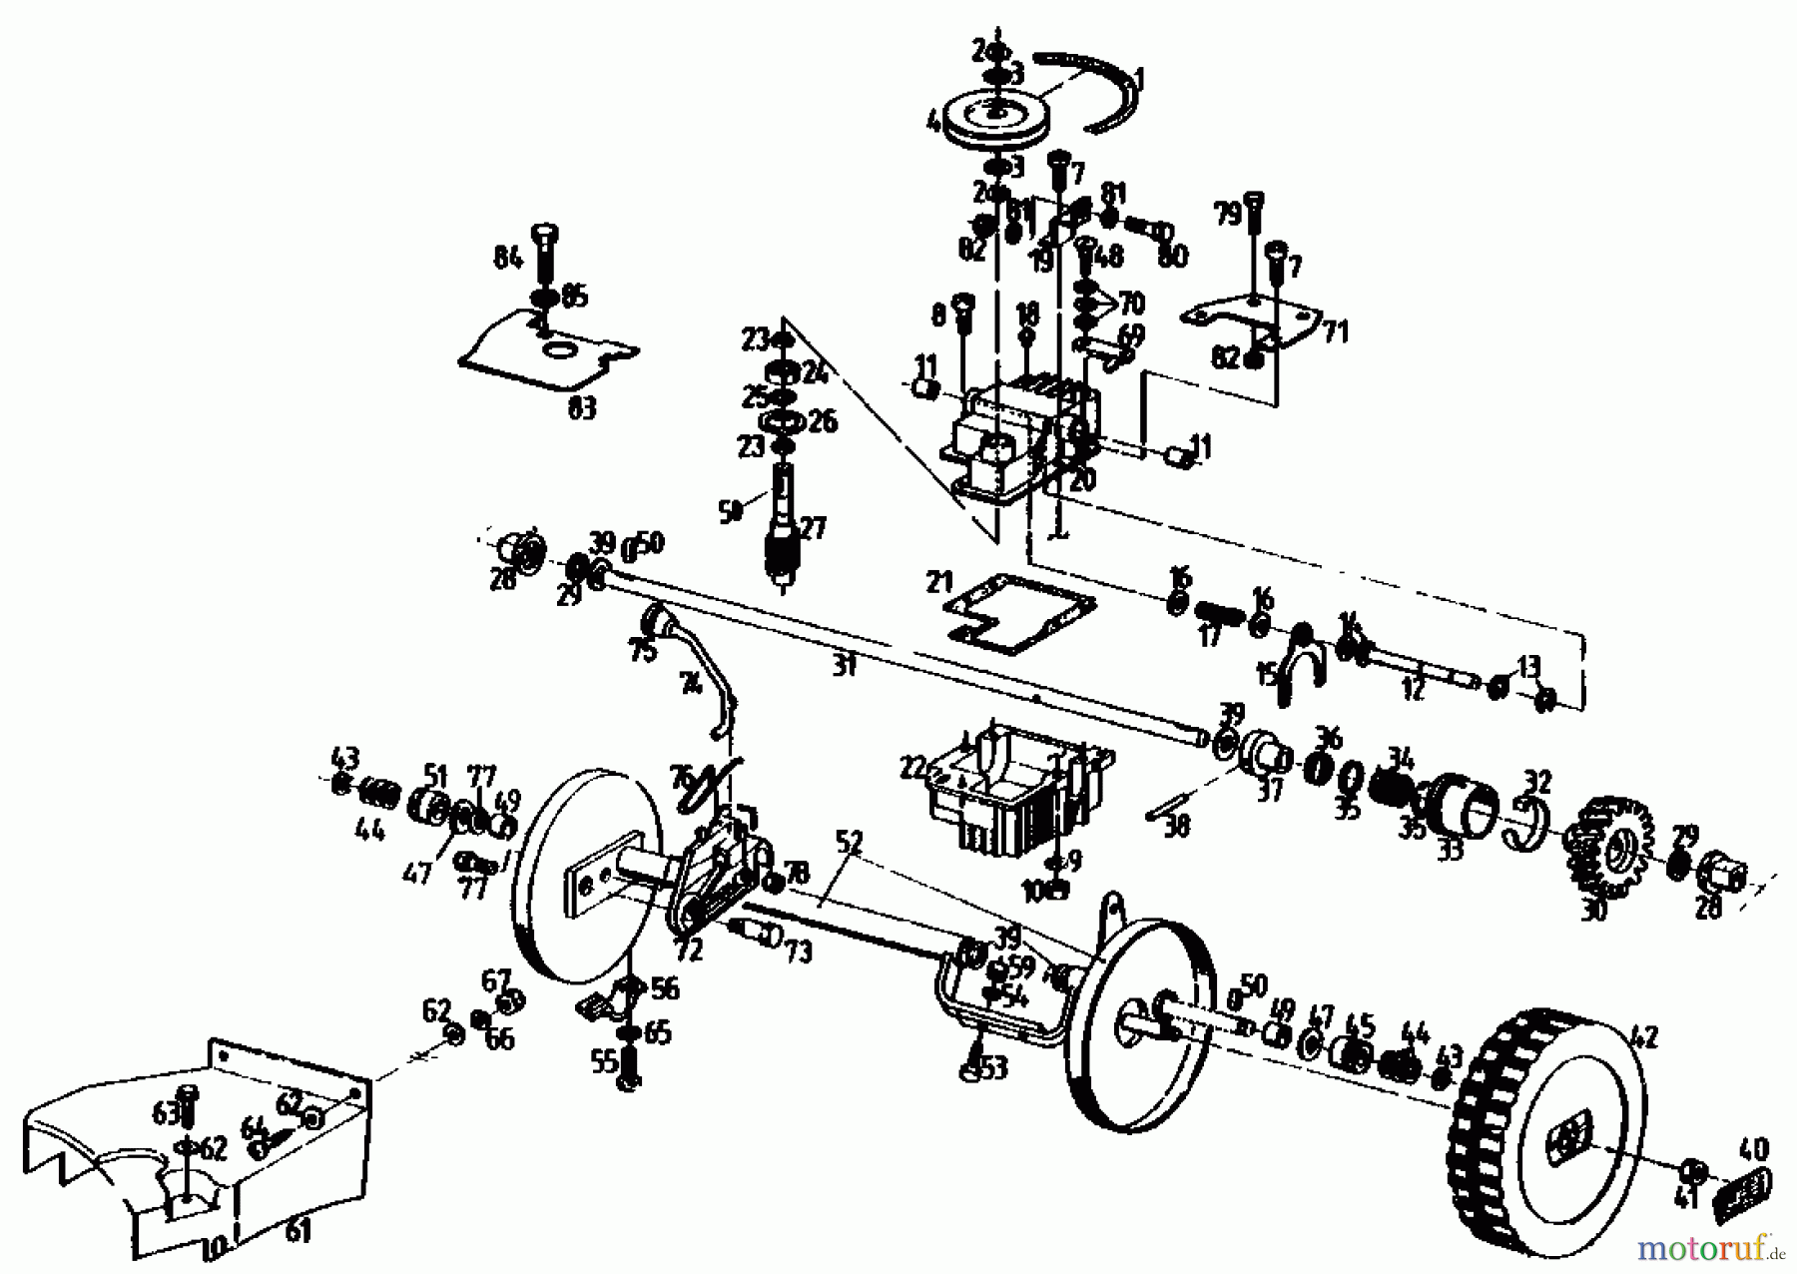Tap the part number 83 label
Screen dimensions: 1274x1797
coord(581,407)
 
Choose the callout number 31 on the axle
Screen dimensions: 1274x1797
coord(845,666)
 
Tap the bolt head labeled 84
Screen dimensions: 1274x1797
coord(547,236)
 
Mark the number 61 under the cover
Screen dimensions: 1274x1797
coord(299,1231)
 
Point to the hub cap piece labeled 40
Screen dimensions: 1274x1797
coord(1744,1193)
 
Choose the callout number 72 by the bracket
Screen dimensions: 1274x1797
coord(690,950)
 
